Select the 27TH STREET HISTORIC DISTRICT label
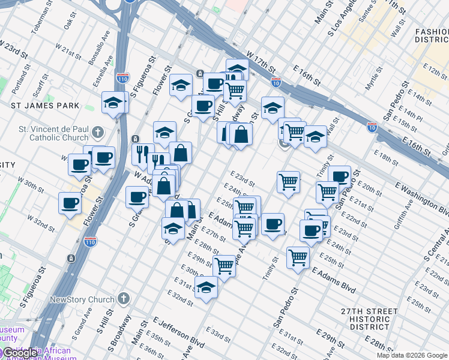pyautogui.click(x=369, y=319)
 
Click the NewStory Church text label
pyautogui.click(x=82, y=299)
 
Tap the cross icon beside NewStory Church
pyautogui.click(x=124, y=299)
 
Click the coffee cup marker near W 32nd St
pyautogui.click(x=70, y=203)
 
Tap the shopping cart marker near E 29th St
pyautogui.click(x=224, y=265)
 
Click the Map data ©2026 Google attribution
pyautogui.click(x=412, y=355)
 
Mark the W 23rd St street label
pyautogui.click(x=14, y=50)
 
